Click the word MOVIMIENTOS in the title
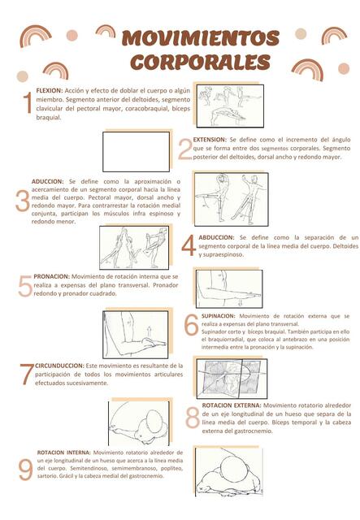point(200,38)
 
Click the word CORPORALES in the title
point(200,62)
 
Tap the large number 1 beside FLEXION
point(28,104)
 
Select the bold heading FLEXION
point(50,91)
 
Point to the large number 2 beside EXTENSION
point(184,149)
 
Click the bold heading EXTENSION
point(210,140)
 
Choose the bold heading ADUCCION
point(47,181)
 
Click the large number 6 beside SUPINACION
point(191,325)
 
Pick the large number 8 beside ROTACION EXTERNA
point(192,417)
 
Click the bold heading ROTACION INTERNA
point(64,452)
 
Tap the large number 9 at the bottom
point(25,470)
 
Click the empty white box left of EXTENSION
point(136,151)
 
